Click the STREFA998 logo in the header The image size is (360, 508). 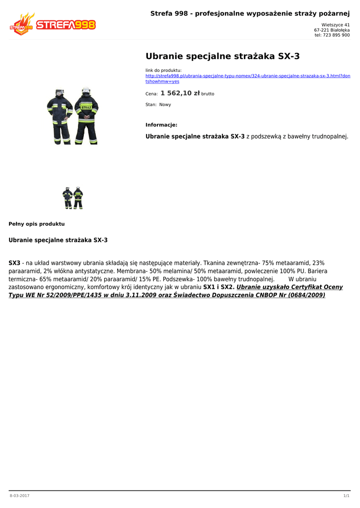coord(53,24)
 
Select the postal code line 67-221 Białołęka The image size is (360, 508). coord(332,30)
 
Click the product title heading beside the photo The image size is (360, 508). coord(222,56)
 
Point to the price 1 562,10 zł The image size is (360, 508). coord(180,93)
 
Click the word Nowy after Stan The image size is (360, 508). coord(165,105)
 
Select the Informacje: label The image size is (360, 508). coord(161,125)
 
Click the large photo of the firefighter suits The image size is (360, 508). coord(72,116)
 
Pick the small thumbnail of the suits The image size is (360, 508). coord(72,198)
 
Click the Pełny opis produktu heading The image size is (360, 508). coord(37,224)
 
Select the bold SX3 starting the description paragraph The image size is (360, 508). coord(14,263)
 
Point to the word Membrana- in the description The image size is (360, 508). coord(131,271)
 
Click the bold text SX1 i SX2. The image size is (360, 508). coord(219,287)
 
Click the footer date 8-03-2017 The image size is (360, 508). coord(19,496)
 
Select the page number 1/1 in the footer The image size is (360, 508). coord(346,496)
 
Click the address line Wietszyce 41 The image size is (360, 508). coord(335,25)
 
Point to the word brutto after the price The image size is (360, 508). coord(208,94)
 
